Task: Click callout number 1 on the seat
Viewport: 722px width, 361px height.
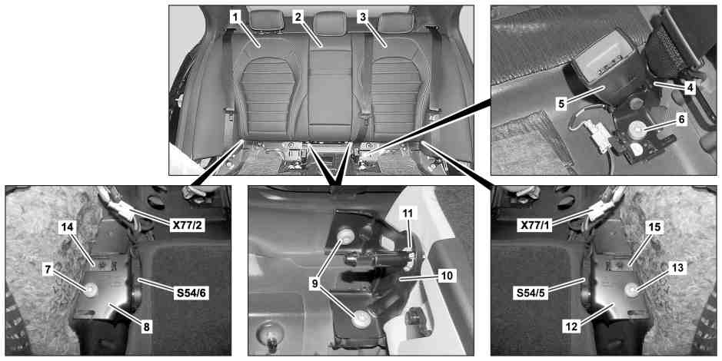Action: tap(235, 18)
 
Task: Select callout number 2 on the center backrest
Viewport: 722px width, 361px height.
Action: tap(298, 18)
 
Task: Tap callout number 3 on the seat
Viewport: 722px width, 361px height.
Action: tap(363, 18)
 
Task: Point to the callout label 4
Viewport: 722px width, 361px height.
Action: tap(689, 88)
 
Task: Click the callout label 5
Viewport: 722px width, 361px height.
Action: tap(561, 104)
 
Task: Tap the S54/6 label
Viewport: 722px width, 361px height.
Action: tap(191, 294)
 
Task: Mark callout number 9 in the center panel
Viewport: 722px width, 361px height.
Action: tap(315, 284)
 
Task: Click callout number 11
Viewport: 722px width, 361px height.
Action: tap(408, 213)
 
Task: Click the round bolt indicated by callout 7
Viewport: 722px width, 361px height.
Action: tap(91, 290)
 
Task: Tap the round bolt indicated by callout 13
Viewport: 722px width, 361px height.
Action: tap(631, 290)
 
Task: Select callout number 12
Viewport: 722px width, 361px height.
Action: tap(574, 327)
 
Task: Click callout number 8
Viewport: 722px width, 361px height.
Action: tap(145, 327)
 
